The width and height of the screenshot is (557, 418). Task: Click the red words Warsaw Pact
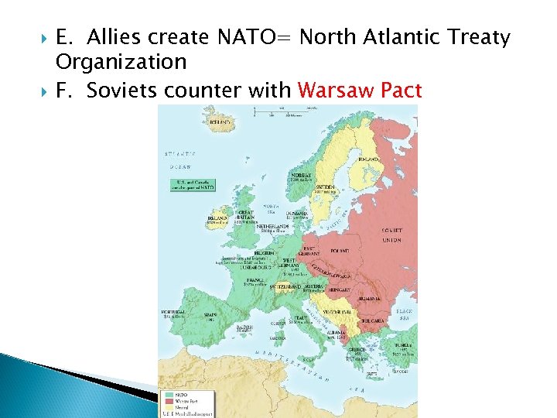tap(360, 91)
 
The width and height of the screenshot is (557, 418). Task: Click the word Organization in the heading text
tap(121, 61)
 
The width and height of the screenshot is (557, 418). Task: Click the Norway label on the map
tap(302, 175)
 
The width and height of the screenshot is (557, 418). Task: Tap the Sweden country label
tap(325, 187)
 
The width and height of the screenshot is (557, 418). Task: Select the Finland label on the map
tap(369, 159)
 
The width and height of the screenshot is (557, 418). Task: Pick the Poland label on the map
tap(340, 251)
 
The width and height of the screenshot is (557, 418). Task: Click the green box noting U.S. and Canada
tap(193, 183)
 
